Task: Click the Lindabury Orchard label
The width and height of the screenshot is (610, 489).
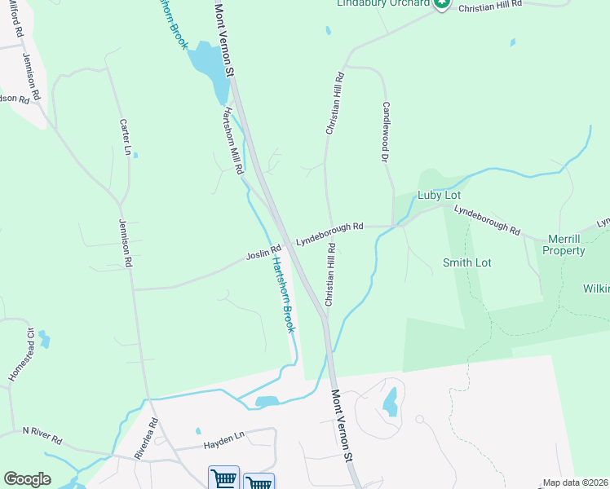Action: click(383, 3)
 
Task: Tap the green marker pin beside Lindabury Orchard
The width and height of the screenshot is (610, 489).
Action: click(441, 4)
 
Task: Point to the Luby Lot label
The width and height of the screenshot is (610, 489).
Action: click(440, 196)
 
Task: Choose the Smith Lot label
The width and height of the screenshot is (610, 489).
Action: click(466, 262)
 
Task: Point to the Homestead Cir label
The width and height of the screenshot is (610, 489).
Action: click(20, 355)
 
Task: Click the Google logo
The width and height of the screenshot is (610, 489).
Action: click(27, 479)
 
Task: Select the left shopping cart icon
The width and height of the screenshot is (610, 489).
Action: click(223, 479)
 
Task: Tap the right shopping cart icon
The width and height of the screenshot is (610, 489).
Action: click(259, 481)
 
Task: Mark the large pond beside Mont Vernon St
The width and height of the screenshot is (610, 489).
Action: click(209, 69)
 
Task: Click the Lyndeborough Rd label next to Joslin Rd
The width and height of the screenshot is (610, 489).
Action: click(329, 233)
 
